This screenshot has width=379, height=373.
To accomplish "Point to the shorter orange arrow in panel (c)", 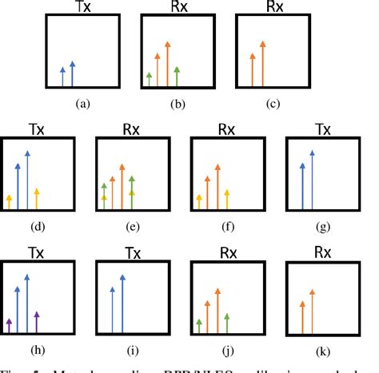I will (253, 69).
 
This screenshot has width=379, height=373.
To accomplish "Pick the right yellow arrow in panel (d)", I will (37, 195).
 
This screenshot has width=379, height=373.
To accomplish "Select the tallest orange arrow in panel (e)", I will (122, 185).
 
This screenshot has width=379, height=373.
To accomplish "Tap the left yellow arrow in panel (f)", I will (198, 200).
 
